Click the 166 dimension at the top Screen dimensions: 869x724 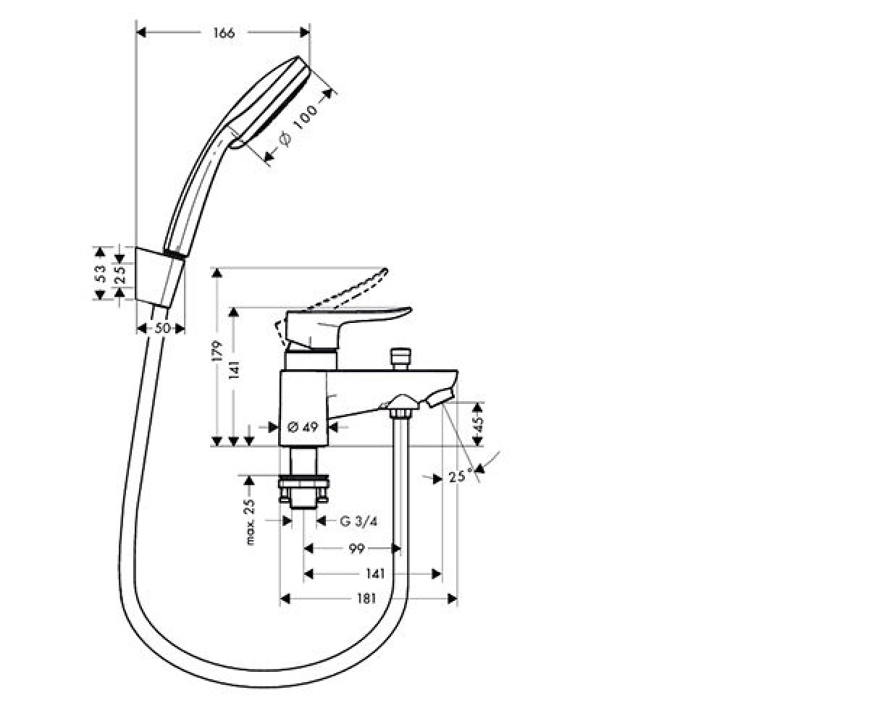[x=224, y=33]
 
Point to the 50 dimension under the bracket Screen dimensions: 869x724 [x=162, y=328]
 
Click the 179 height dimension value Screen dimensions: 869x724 [x=218, y=350]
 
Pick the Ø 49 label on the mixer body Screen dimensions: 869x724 [x=303, y=426]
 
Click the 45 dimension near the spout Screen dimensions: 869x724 [x=479, y=424]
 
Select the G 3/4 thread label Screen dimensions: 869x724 [x=358, y=521]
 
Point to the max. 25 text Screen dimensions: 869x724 [x=250, y=521]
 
